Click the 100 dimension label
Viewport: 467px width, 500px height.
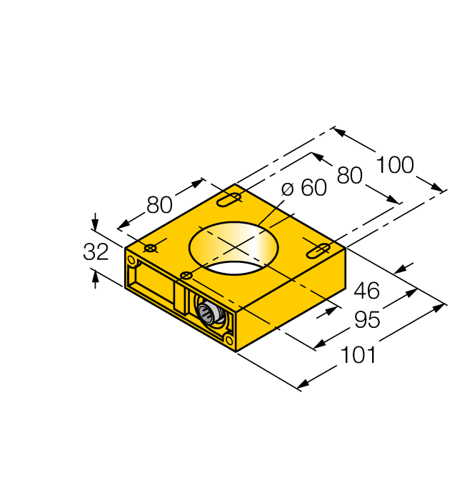[395, 165]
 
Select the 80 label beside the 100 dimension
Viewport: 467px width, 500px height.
[350, 175]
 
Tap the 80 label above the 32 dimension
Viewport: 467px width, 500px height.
[160, 205]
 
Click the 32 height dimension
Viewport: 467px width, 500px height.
[96, 251]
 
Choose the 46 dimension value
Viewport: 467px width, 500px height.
[368, 291]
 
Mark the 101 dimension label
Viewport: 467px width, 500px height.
[358, 354]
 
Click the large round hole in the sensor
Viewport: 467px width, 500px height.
[235, 248]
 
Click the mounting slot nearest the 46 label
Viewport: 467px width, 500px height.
[318, 250]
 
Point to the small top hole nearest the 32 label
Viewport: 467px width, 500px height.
[151, 248]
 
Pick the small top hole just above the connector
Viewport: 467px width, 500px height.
[186, 275]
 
